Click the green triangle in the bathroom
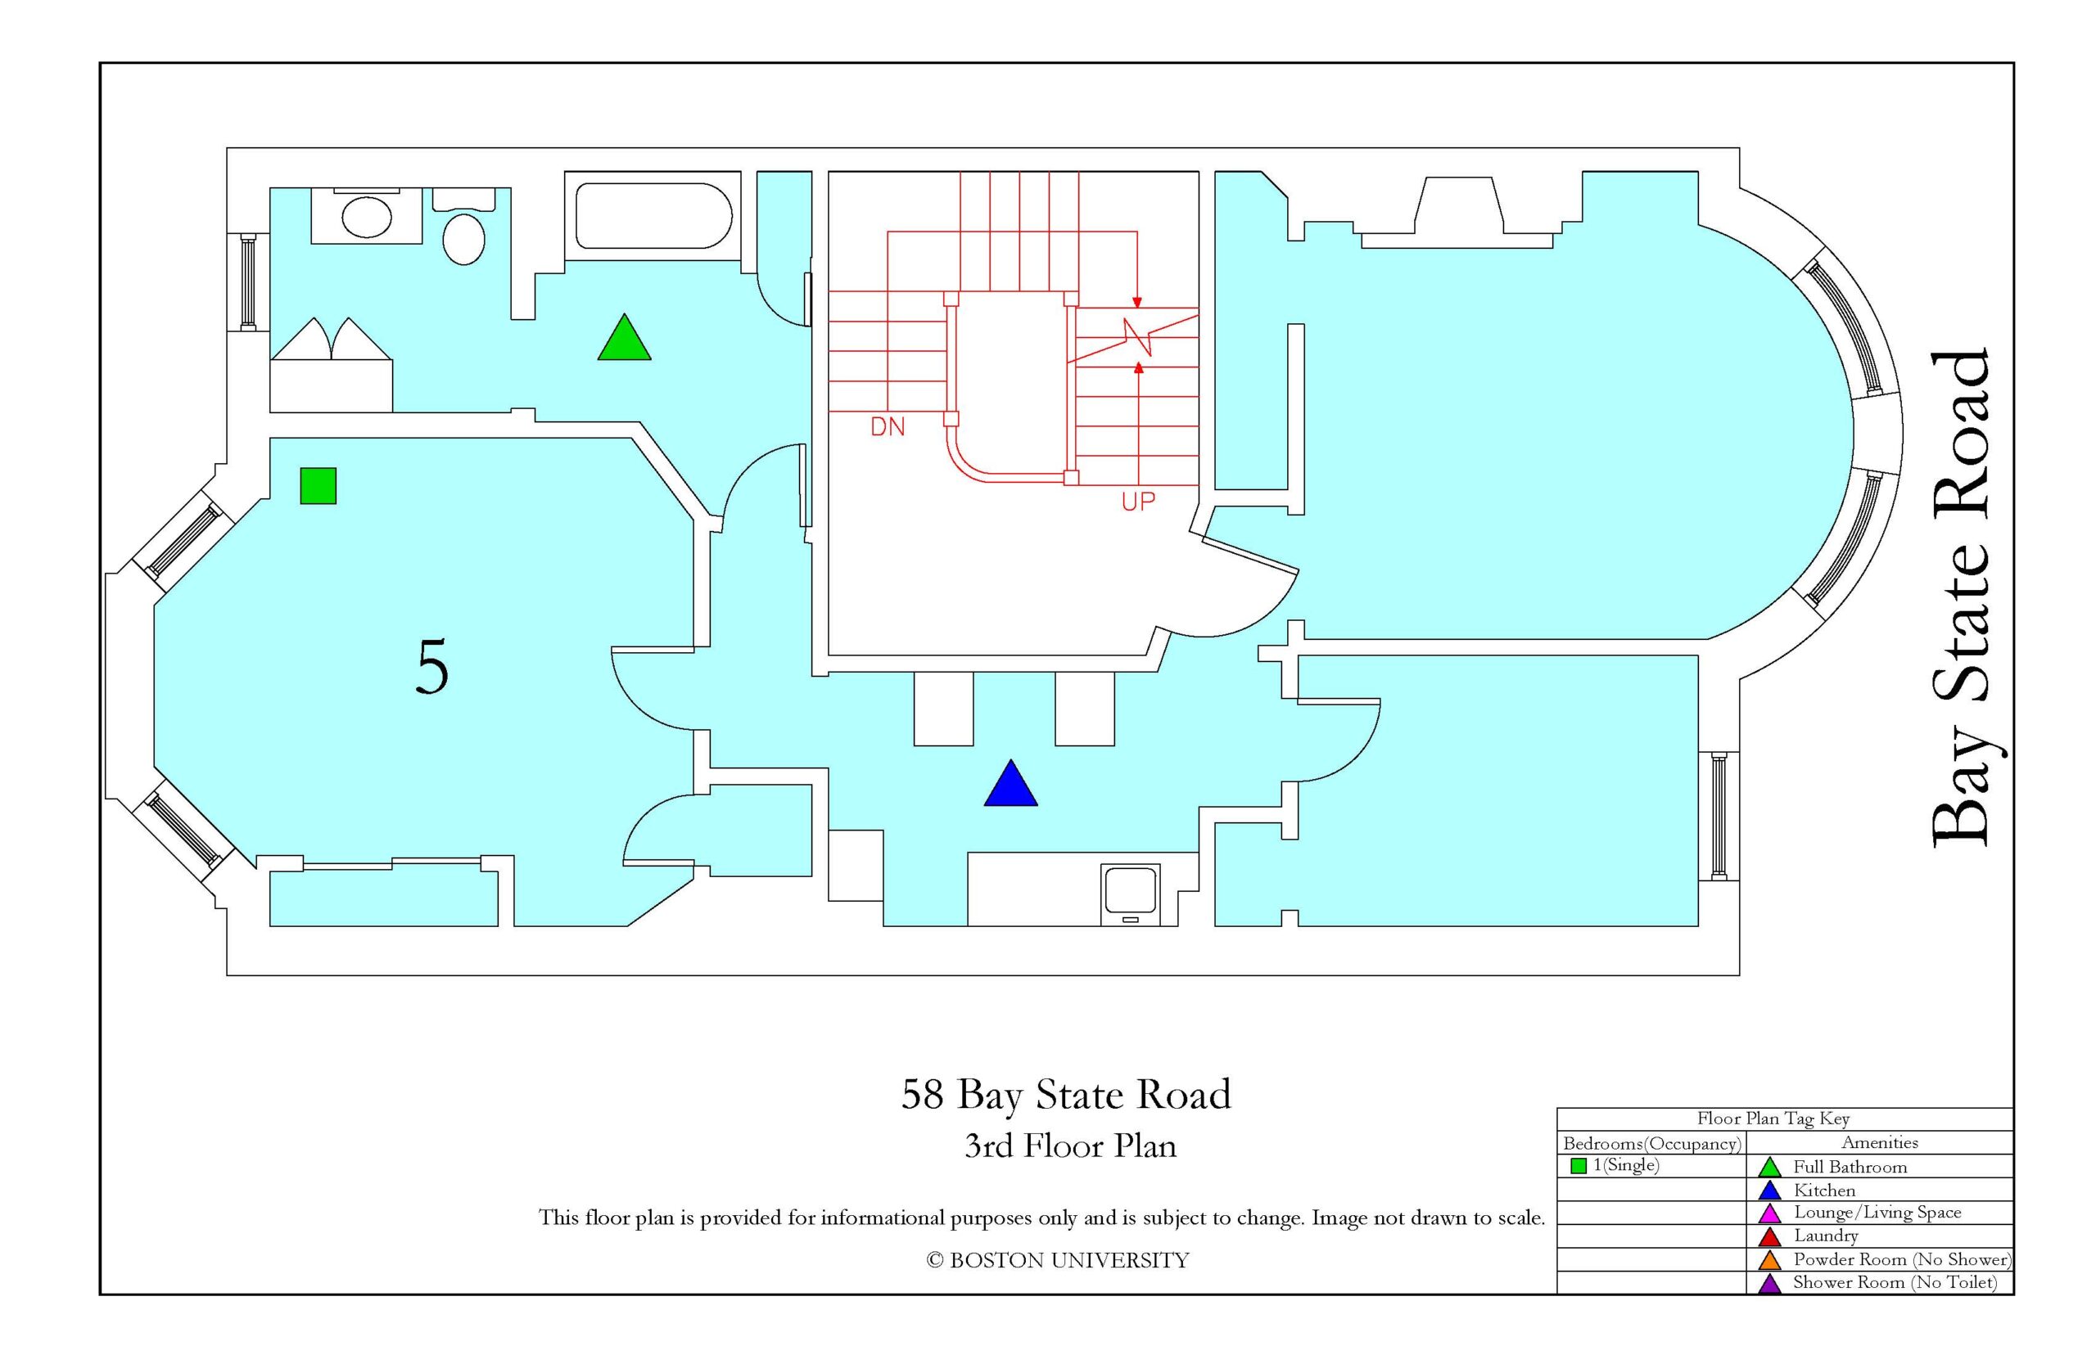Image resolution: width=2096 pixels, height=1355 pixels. (x=624, y=339)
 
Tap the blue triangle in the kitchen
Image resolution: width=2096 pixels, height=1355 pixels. (x=1010, y=785)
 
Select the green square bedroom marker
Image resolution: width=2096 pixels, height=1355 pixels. (x=318, y=486)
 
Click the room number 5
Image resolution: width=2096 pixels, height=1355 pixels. (x=432, y=667)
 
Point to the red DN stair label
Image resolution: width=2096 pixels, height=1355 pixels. (x=888, y=427)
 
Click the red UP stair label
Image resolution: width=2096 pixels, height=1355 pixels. (x=1138, y=502)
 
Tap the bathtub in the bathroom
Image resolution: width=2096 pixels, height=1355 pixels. (x=653, y=215)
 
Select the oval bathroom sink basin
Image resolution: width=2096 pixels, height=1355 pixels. (x=366, y=218)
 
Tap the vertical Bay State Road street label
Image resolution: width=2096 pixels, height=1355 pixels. (x=1959, y=599)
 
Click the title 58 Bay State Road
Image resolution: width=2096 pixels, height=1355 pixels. (x=1066, y=1096)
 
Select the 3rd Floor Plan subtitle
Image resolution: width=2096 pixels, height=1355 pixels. (x=1070, y=1146)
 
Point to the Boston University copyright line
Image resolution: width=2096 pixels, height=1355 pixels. (x=1057, y=1261)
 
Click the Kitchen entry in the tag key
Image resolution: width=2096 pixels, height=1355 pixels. (x=1824, y=1191)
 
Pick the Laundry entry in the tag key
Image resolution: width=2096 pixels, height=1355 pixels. (x=1826, y=1236)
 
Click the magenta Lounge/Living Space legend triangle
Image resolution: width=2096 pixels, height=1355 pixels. (x=1769, y=1214)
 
